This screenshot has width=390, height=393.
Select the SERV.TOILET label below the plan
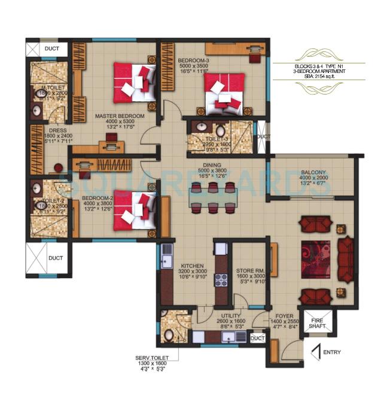pyautogui.click(x=152, y=359)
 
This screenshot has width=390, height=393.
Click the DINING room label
pyautogui.click(x=212, y=165)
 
